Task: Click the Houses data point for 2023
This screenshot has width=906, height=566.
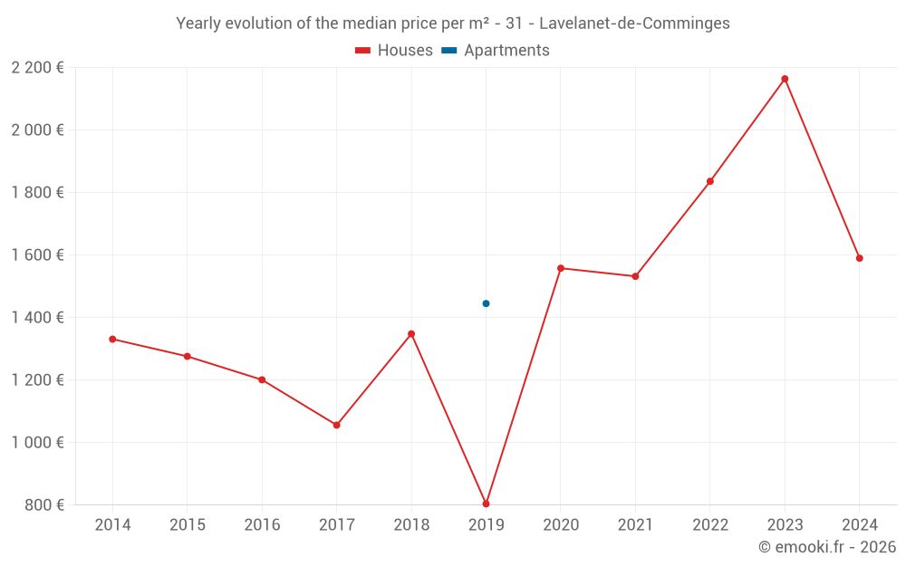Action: tap(785, 79)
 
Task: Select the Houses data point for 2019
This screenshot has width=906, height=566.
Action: tap(487, 504)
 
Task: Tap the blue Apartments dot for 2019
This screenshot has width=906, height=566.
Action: tap(487, 303)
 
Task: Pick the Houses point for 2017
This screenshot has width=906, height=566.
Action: tap(337, 425)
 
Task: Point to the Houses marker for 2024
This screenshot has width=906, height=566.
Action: tap(860, 258)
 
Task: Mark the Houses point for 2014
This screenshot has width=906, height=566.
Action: tap(112, 339)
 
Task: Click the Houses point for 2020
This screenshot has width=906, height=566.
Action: tap(561, 268)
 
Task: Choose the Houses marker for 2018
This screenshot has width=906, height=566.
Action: tap(411, 334)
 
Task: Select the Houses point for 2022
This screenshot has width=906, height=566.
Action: tap(710, 181)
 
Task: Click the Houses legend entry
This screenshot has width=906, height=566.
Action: tap(394, 51)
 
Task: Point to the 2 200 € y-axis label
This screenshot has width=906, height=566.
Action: tap(37, 67)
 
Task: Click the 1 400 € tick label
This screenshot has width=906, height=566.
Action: tap(37, 317)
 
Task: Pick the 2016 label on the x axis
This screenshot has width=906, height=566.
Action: tap(262, 525)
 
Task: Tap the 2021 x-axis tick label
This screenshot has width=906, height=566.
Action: tap(635, 525)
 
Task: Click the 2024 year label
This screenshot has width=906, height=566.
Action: tap(860, 525)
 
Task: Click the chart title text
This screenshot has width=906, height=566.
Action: tap(453, 24)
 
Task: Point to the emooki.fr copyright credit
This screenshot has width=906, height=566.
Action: tap(827, 547)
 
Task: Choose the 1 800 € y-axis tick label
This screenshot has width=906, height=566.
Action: tap(37, 192)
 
